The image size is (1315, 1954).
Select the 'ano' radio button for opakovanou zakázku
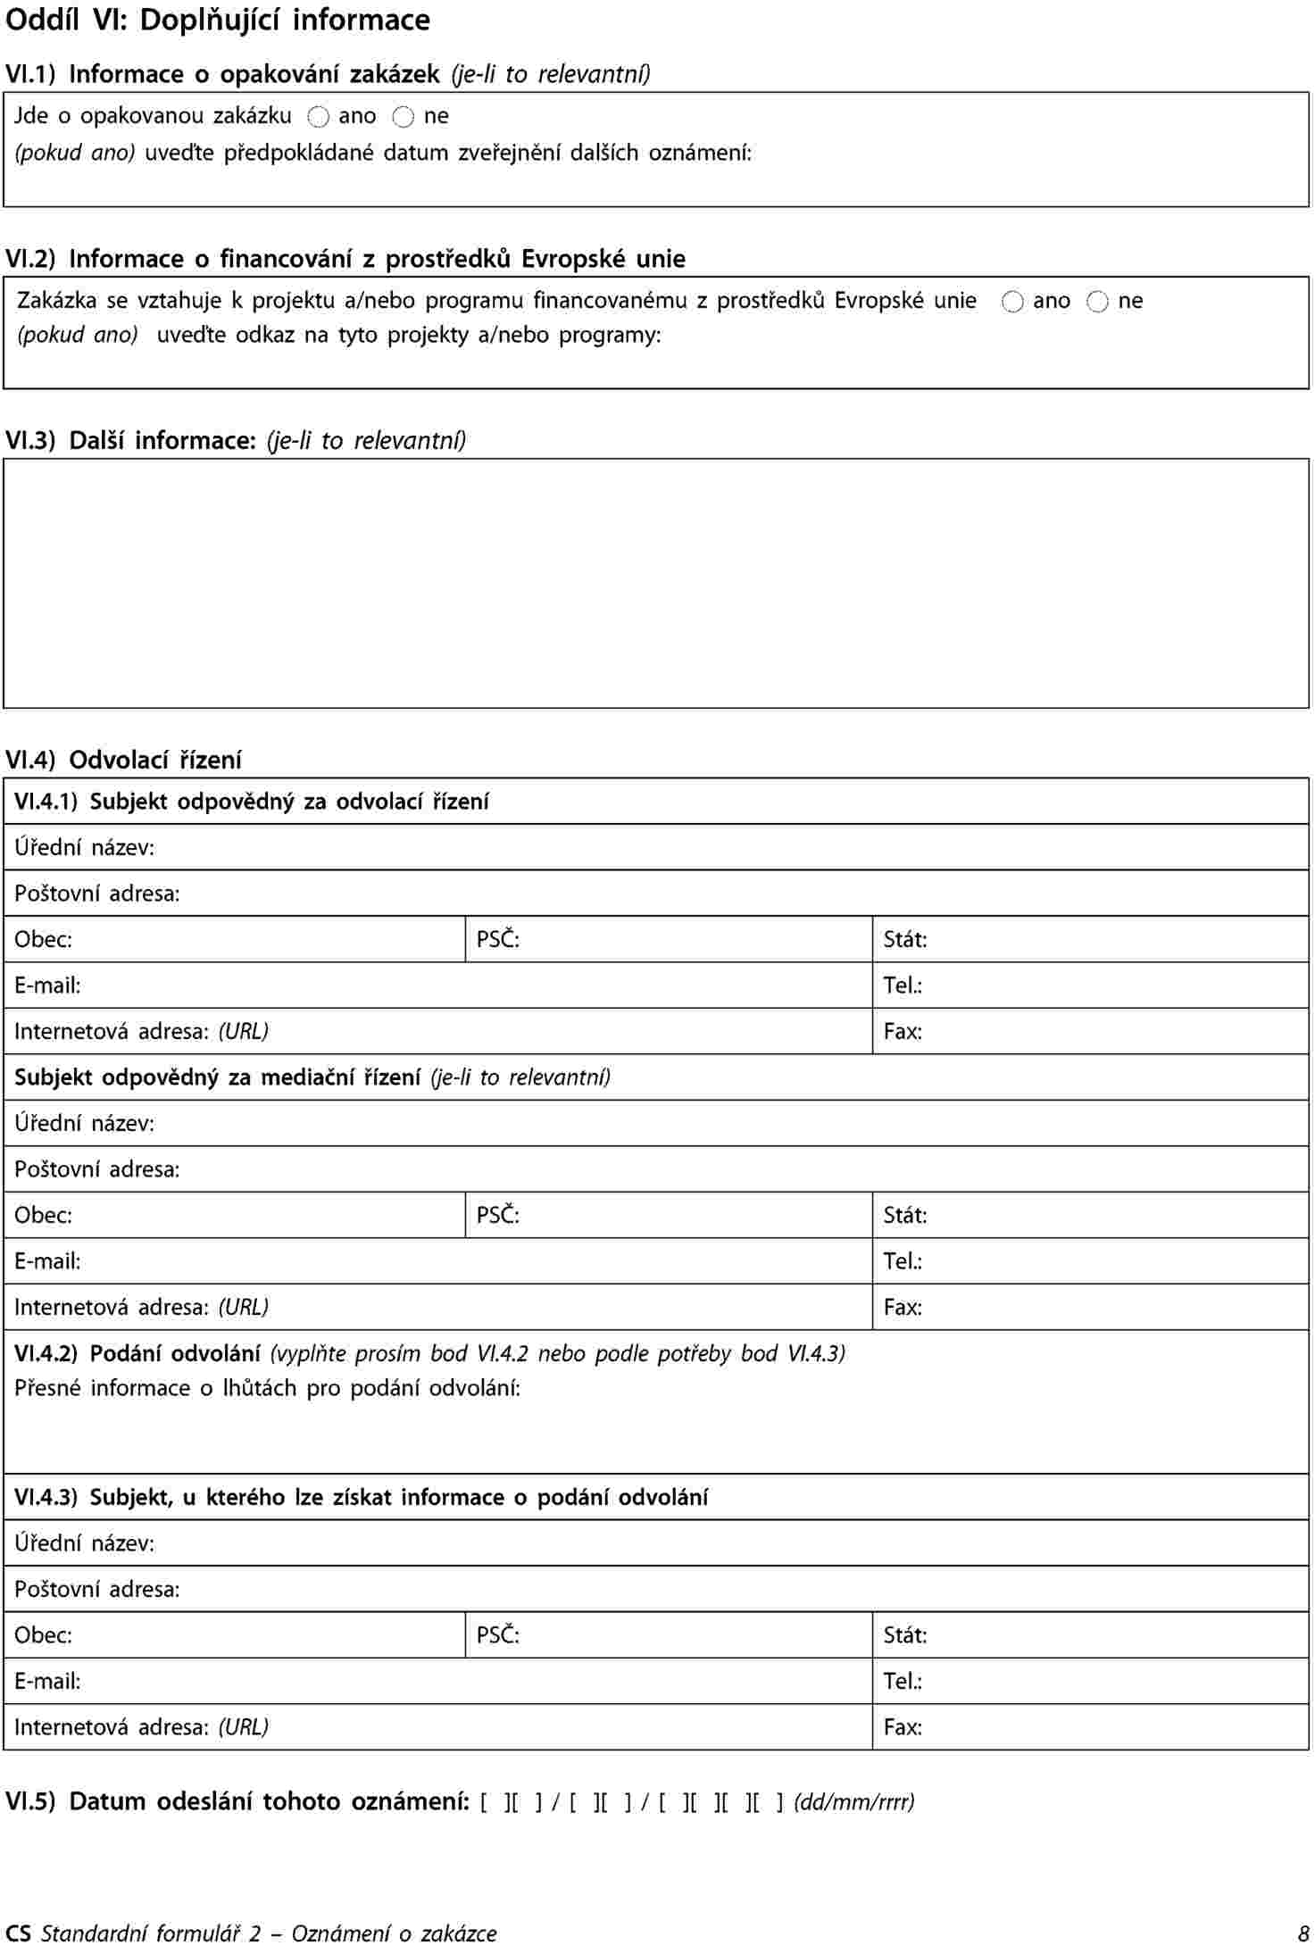pos(319,117)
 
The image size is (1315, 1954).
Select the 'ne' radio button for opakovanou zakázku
pos(404,117)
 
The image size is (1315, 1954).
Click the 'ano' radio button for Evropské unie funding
pos(1012,303)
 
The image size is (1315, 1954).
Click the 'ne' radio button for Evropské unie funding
pos(1097,303)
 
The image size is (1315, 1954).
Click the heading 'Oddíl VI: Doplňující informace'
pos(218,21)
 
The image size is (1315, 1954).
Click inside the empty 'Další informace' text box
pos(656,583)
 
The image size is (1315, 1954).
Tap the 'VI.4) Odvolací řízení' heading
pos(123,760)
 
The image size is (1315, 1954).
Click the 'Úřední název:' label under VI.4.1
pos(84,847)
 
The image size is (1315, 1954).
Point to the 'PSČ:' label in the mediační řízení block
pos(498,1215)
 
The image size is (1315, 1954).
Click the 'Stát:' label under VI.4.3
pos(905,1634)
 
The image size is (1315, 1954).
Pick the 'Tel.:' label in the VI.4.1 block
pos(903,985)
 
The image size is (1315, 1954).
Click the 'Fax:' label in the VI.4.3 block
pos(903,1726)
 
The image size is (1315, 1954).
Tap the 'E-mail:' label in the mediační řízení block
pos(47,1261)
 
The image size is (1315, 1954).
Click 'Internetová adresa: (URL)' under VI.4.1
pos(141,1032)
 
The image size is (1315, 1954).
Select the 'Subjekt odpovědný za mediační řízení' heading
pos(218,1077)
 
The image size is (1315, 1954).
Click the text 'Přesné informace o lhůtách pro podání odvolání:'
pos(268,1388)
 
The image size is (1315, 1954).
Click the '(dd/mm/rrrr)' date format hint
pos(854,1801)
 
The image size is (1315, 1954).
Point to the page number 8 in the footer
pos(1303,1933)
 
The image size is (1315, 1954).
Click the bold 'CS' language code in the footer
pos(18,1933)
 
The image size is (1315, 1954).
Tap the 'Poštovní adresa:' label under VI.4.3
pos(97,1589)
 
